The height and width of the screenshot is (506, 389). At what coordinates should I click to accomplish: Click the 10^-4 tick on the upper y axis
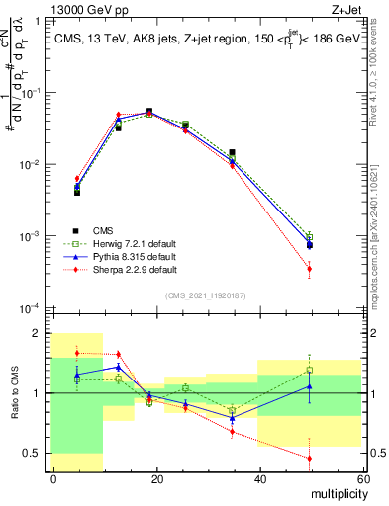(34, 309)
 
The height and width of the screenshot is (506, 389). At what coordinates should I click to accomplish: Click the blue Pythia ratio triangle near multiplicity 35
(232, 418)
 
